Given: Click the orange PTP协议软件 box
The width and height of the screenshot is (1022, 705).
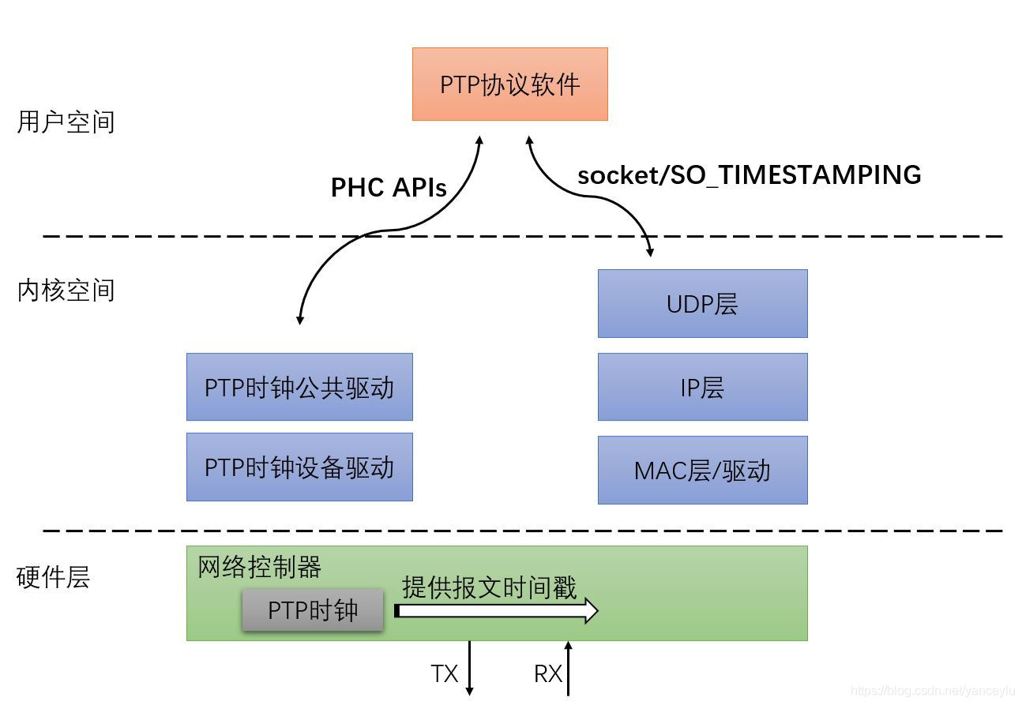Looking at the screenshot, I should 509,84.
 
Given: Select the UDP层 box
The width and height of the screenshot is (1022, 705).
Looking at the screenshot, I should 702,303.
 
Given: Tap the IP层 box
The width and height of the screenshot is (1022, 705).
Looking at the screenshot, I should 702,387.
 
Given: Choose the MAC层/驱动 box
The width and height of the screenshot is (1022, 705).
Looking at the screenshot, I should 702,470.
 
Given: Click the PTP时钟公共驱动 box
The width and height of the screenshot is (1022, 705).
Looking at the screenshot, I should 299,387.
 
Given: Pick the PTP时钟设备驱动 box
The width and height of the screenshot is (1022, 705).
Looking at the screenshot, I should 299,467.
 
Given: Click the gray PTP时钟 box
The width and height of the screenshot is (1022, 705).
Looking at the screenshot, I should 313,610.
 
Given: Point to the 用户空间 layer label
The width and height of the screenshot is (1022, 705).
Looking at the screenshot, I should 66,122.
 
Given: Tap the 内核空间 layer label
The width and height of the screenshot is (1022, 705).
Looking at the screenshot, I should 66,290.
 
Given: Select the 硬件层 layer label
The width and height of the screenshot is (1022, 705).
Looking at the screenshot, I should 53,577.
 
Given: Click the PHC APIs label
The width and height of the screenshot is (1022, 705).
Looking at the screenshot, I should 389,187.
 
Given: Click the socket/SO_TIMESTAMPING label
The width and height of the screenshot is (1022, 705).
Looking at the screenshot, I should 749,174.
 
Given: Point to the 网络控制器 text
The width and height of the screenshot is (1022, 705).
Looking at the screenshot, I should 259,567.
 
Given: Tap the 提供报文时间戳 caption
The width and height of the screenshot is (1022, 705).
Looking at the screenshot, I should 490,587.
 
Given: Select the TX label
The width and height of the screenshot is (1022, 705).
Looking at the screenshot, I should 444,673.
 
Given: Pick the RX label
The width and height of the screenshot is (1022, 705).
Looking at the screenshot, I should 548,673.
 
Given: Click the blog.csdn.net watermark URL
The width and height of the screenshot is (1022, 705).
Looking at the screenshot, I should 933,691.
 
